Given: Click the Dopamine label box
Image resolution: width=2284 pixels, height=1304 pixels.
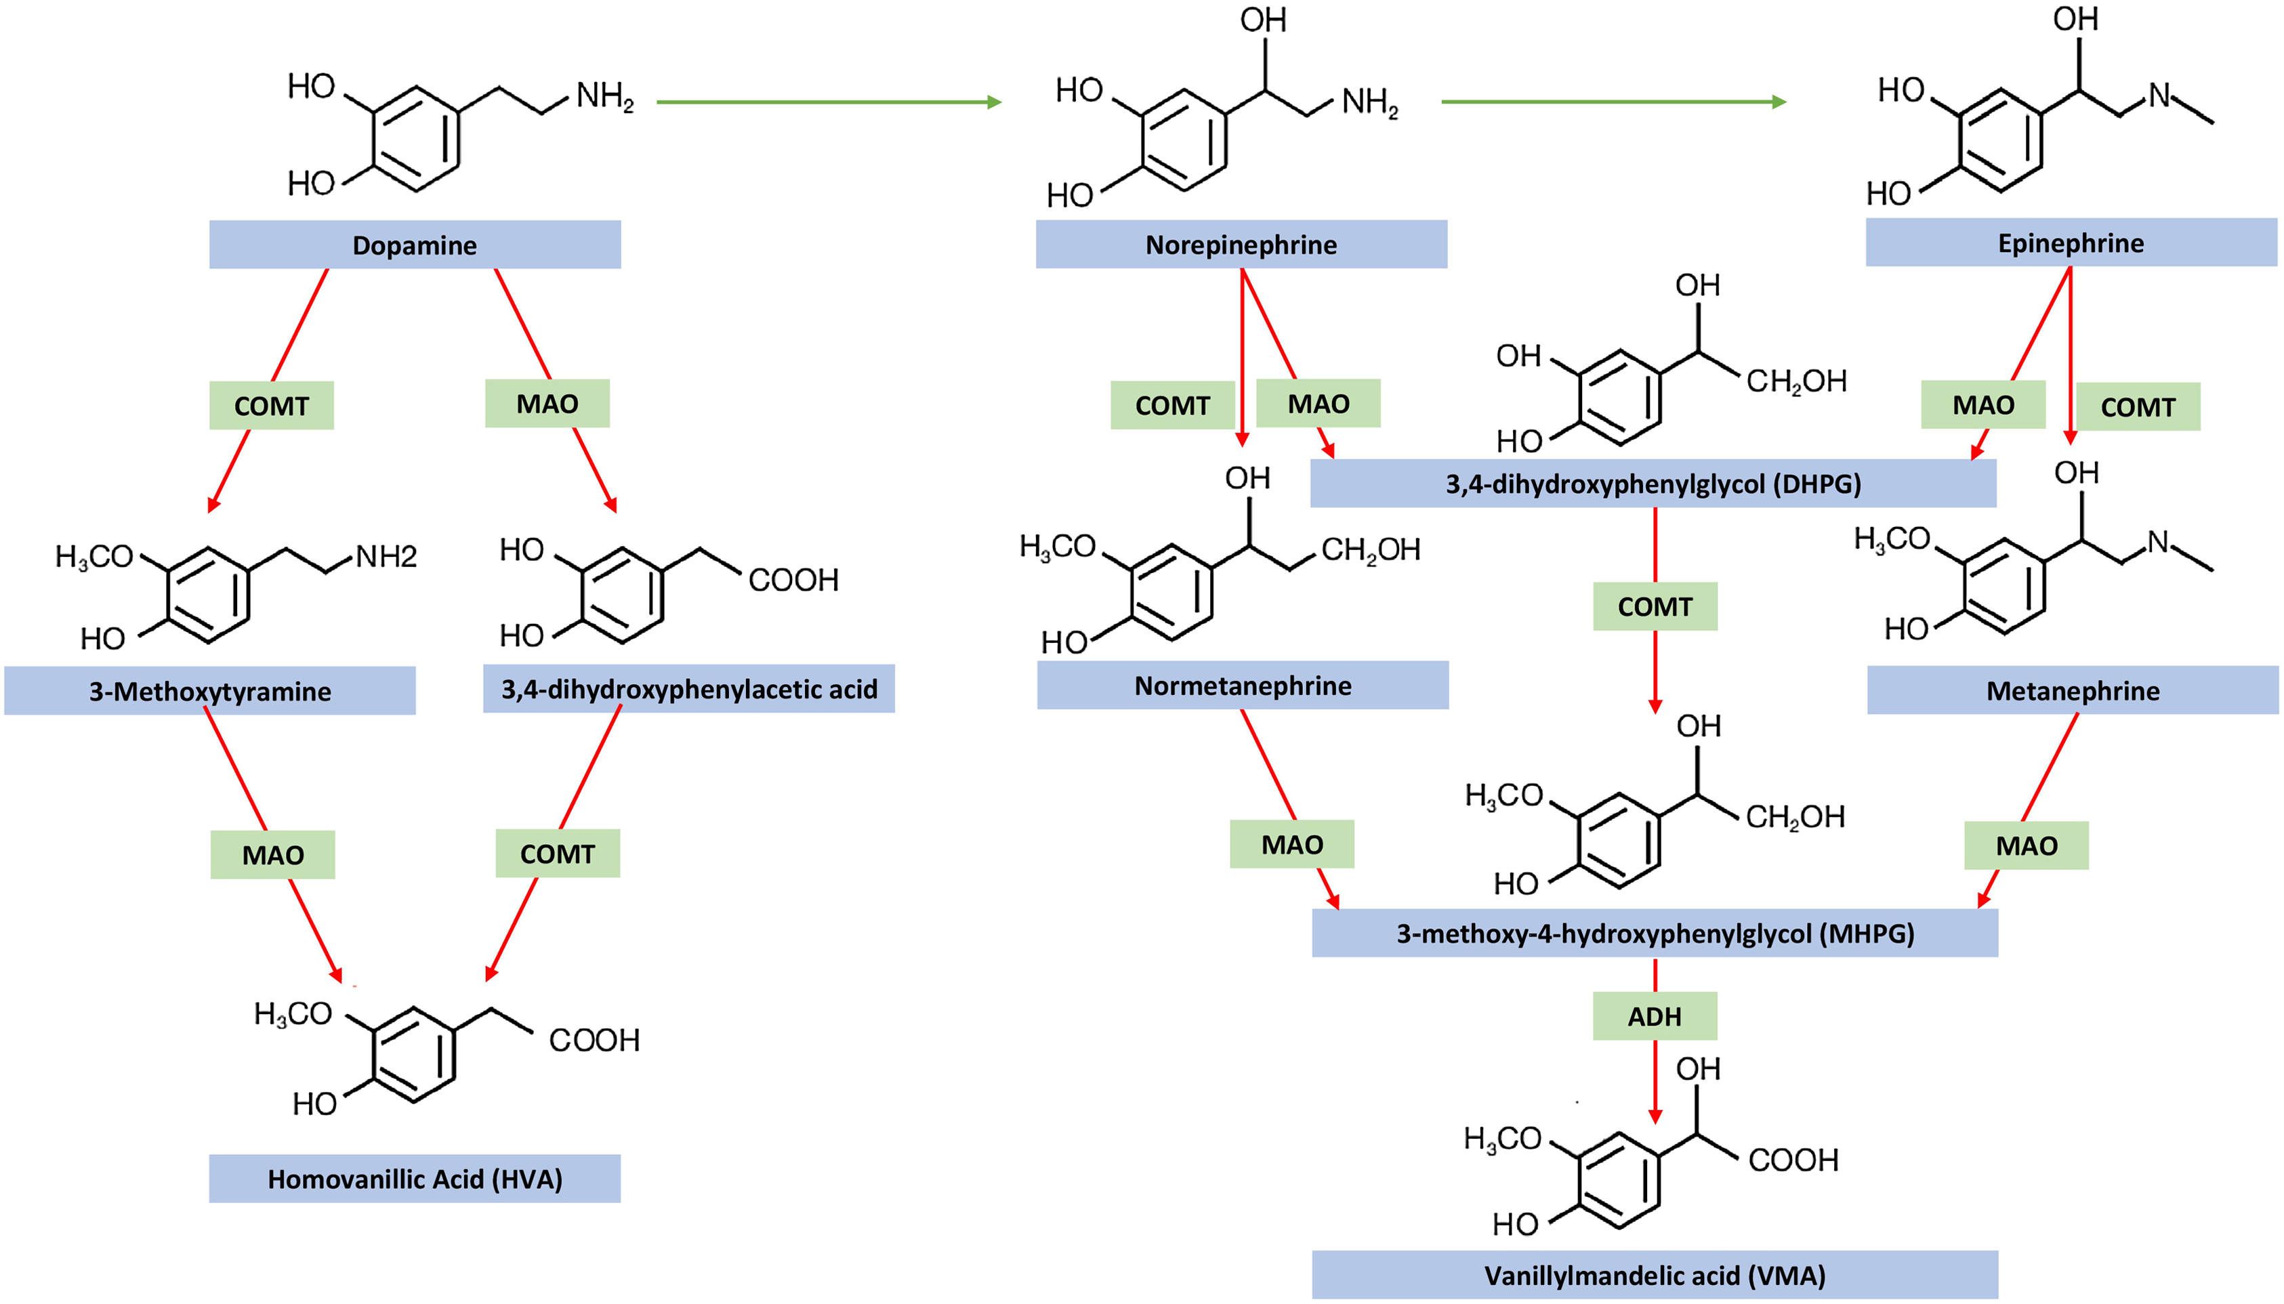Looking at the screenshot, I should [415, 245].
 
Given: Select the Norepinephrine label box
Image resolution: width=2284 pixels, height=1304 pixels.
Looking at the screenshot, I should [1241, 245].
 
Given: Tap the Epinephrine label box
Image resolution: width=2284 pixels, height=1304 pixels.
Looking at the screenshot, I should [2070, 243].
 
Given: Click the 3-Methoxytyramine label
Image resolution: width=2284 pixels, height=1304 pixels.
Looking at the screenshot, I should [209, 690].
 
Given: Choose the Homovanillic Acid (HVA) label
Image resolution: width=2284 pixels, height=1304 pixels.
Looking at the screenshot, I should [415, 1179].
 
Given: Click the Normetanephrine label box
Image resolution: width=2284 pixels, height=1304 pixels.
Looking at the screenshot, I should [1243, 685].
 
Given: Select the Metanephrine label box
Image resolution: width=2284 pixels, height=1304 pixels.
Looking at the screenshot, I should [2072, 690].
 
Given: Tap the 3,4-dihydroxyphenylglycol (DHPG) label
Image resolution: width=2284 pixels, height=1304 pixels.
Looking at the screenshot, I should [1653, 484].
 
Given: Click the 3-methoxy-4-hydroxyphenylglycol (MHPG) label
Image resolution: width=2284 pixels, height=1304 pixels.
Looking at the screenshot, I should [1655, 933].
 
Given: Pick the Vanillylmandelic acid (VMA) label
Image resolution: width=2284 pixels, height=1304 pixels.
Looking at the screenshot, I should [1655, 1274].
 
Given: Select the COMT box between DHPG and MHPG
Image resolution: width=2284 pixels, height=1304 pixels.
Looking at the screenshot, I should [1655, 606].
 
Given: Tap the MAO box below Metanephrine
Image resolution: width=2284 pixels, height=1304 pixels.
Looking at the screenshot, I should [2026, 845].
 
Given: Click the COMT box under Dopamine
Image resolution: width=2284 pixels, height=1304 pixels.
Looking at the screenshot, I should [272, 406].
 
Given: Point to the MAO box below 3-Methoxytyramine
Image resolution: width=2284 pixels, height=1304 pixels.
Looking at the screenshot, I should [272, 854].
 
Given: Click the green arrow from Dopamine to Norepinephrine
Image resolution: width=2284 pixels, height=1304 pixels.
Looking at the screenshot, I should [829, 102].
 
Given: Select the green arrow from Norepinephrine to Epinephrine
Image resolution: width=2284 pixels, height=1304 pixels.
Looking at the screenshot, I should [1613, 102].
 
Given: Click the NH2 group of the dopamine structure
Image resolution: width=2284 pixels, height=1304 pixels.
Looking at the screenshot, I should [604, 96].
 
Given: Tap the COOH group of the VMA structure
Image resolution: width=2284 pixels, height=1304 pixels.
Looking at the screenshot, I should [1793, 1160].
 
